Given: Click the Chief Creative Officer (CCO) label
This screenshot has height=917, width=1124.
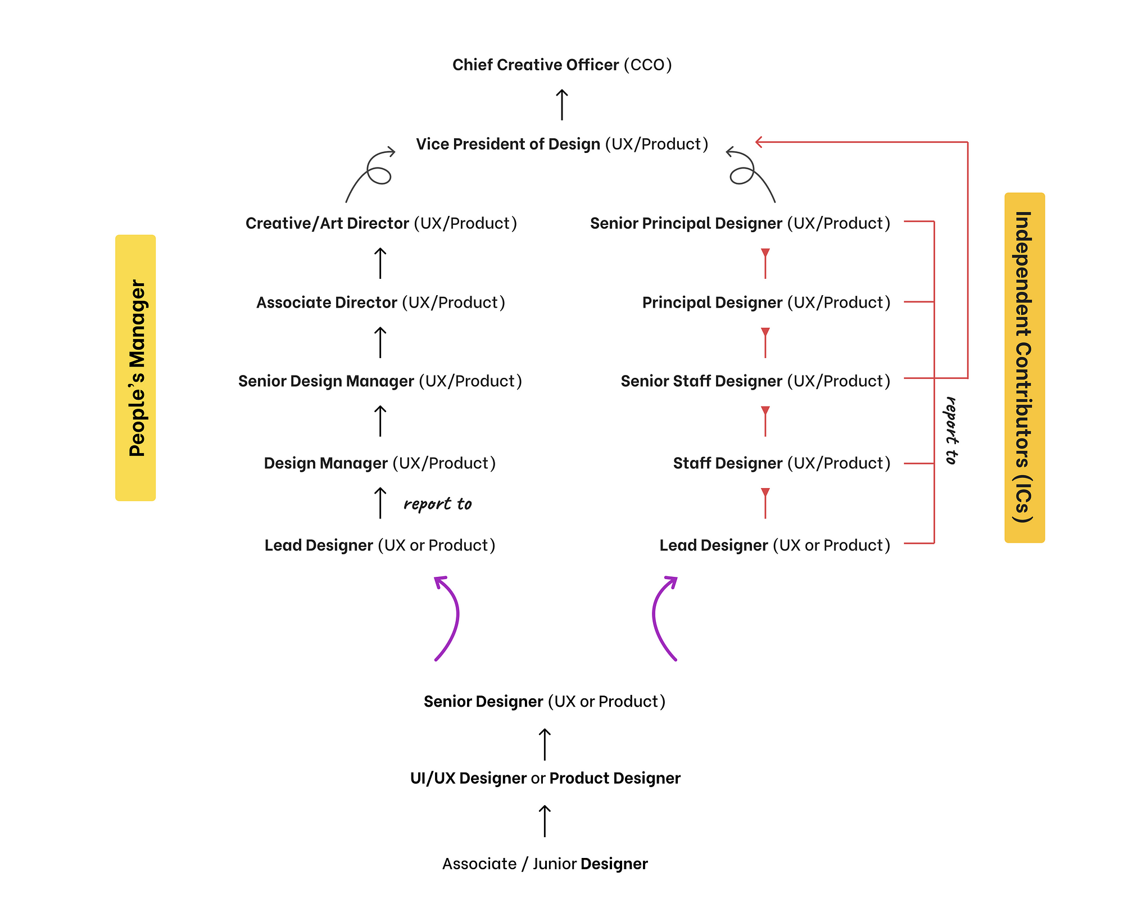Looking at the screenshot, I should [561, 65].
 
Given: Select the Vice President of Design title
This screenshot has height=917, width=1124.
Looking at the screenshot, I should [561, 144].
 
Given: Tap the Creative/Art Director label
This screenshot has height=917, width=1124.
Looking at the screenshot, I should [381, 224].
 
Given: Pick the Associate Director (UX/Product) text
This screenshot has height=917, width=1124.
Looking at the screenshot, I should [380, 303].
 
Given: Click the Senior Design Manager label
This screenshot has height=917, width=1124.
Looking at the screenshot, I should [380, 382].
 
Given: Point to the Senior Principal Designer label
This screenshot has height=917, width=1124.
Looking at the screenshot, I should [740, 224].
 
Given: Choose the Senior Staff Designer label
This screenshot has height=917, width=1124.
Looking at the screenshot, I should [755, 382].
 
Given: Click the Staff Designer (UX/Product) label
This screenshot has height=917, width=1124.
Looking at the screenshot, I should [781, 464].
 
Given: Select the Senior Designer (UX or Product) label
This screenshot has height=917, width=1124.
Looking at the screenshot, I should [544, 702].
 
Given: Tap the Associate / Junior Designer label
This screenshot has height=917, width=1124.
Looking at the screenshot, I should [545, 864].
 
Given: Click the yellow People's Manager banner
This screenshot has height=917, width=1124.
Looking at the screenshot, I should [135, 368].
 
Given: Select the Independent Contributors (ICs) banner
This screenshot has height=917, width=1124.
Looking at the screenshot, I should [1024, 368].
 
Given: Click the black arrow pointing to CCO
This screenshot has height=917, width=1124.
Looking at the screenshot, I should [561, 105].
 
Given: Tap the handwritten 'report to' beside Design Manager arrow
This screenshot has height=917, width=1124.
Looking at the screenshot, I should [437, 504].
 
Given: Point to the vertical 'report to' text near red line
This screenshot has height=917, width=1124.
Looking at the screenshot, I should [951, 431].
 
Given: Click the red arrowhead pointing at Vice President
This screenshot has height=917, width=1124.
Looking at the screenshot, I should [759, 142].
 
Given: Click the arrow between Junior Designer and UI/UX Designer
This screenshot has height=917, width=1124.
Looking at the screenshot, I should [545, 821].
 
